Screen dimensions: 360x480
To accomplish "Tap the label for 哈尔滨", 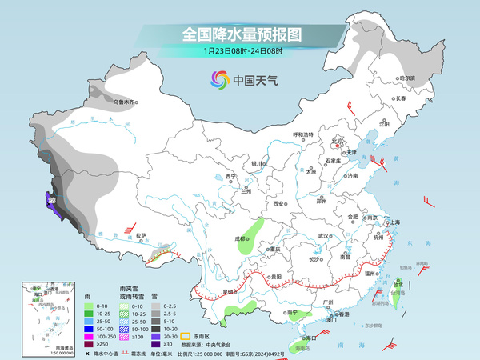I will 408,78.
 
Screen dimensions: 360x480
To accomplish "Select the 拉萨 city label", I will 141,235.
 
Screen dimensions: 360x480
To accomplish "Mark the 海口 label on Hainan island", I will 302,339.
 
